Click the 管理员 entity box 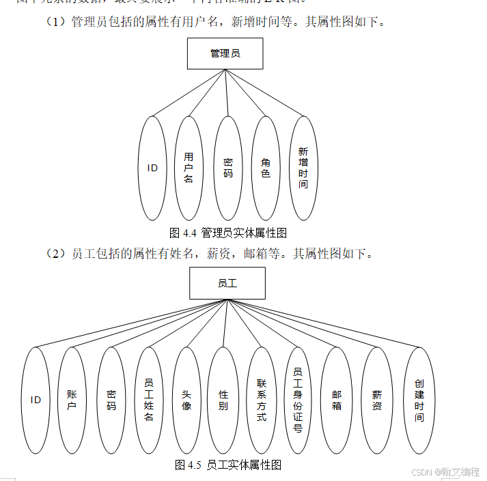(x=225, y=53)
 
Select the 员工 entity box (x=227, y=283)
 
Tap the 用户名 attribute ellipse (x=189, y=168)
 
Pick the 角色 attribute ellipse (x=266, y=168)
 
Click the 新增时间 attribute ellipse (x=303, y=168)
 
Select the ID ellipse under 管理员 (x=152, y=168)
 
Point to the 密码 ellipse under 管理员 (x=228, y=168)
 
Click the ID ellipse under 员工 (x=36, y=400)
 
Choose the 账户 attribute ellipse (x=72, y=400)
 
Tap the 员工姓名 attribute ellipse (x=149, y=400)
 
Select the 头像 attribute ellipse (x=186, y=400)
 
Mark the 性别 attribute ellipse (x=223, y=400)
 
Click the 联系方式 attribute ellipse (x=262, y=400)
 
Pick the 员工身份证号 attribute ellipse (x=298, y=400)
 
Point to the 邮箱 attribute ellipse (x=337, y=400)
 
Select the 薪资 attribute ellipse (x=377, y=400)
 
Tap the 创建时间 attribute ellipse (x=419, y=400)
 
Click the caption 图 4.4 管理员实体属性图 (x=227, y=233)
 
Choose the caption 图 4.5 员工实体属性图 (x=228, y=465)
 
